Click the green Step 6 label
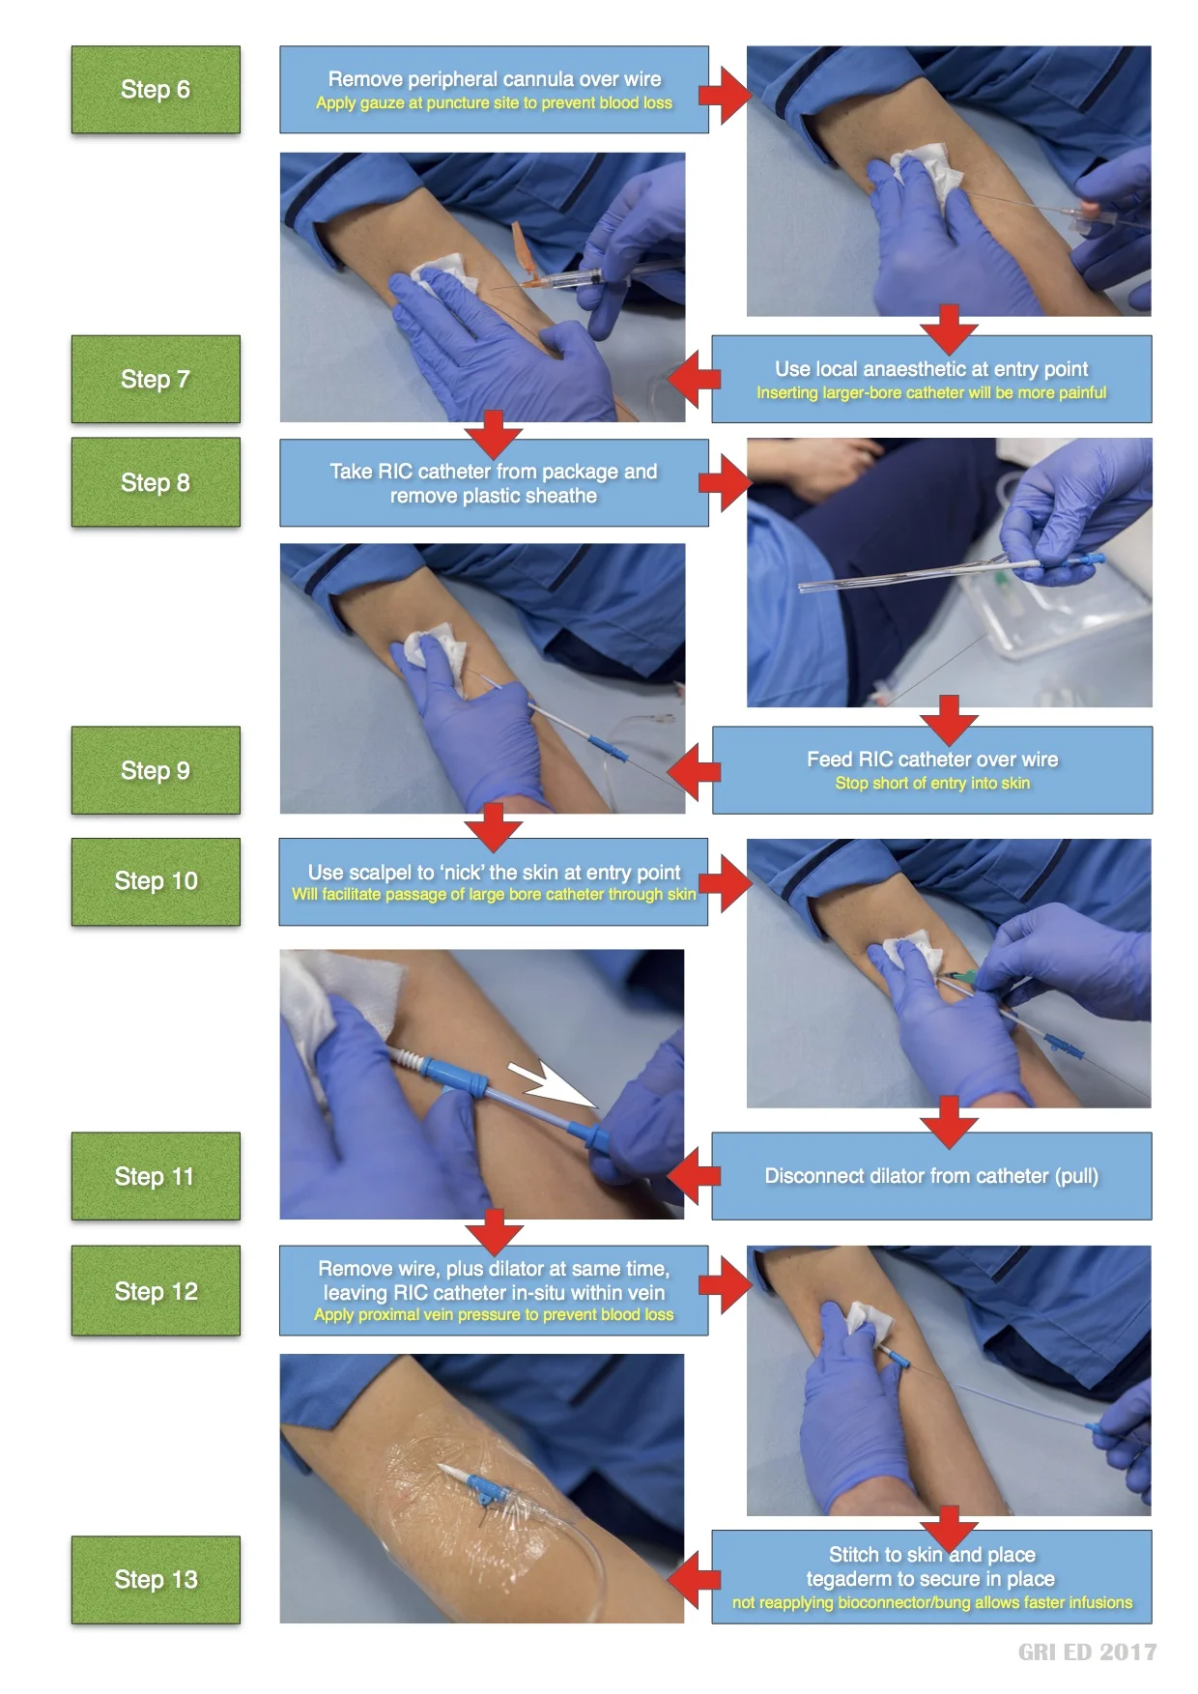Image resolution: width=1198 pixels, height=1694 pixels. pos(155,90)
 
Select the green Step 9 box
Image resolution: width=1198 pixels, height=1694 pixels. pos(155,770)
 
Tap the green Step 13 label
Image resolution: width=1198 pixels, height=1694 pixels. pos(155,1579)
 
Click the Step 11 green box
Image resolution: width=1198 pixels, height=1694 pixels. pos(155,1176)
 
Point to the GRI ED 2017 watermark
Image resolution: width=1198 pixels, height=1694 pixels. pos(1087,1651)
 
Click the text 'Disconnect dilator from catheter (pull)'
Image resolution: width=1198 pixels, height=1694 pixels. pos(930,1176)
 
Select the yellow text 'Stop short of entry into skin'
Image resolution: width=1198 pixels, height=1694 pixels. pos(932,783)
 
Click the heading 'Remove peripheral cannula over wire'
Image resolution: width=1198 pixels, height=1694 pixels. pos(494,78)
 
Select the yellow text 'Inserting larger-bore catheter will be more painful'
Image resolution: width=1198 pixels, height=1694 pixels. pos(930,392)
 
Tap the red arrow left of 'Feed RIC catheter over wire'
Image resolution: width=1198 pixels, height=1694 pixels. pos(694,771)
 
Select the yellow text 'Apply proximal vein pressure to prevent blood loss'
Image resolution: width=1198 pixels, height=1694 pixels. pos(494,1314)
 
